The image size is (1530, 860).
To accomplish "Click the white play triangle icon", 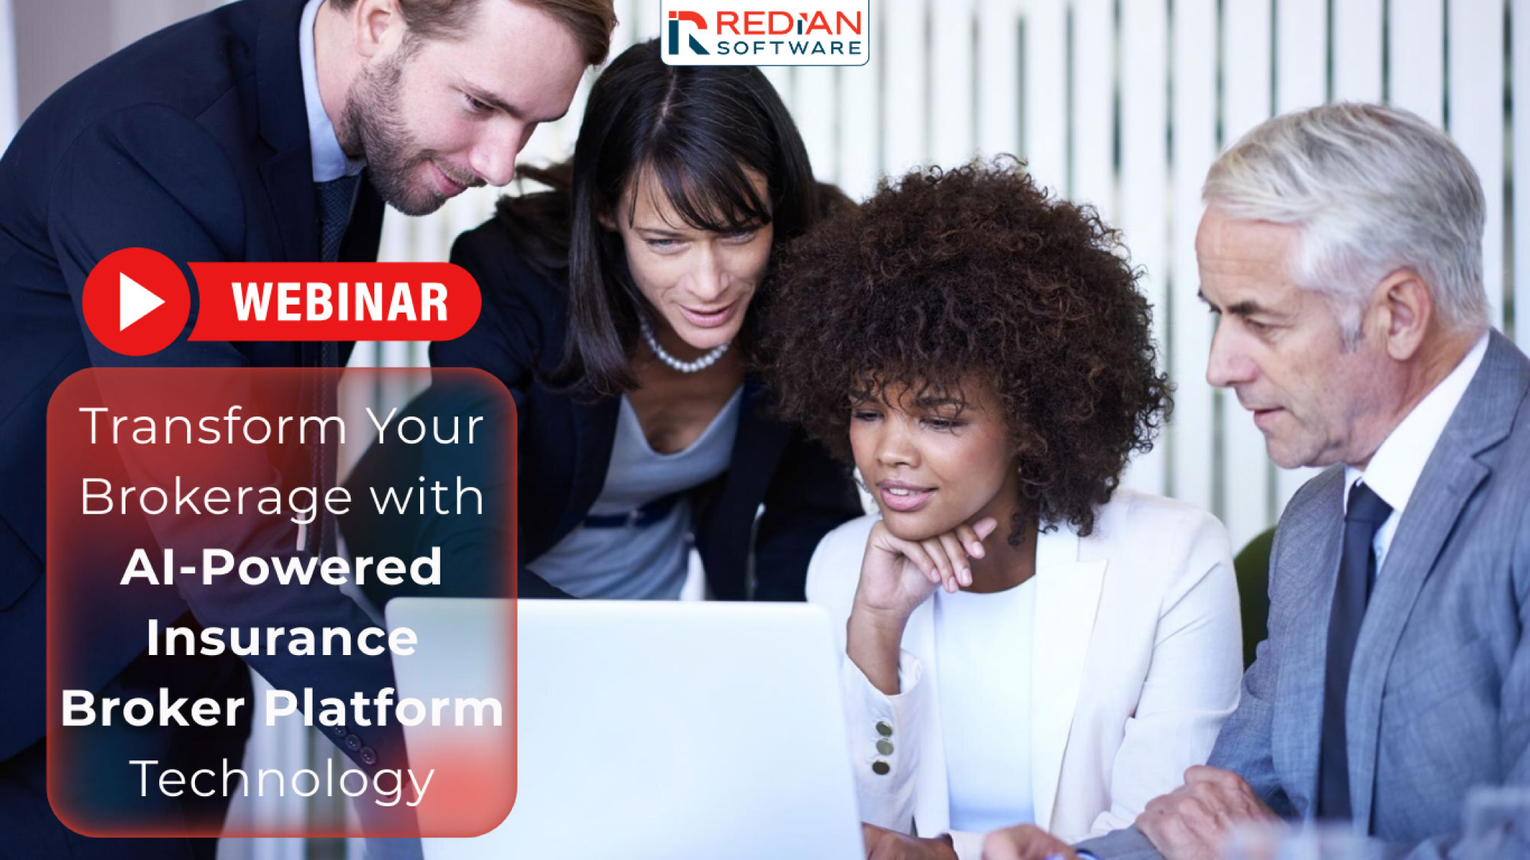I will point(141,302).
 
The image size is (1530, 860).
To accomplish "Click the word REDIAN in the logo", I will point(789,23).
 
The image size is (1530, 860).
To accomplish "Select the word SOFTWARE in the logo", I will point(789,48).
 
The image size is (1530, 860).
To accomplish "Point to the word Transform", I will point(214,426).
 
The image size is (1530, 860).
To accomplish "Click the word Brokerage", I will point(216,497).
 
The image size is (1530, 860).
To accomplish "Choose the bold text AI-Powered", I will point(282,567).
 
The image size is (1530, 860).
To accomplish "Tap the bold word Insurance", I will point(282,638).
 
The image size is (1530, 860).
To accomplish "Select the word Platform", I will point(384,709).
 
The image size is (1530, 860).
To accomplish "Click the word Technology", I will point(282,780).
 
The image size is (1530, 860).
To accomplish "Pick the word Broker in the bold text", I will point(153,709).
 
